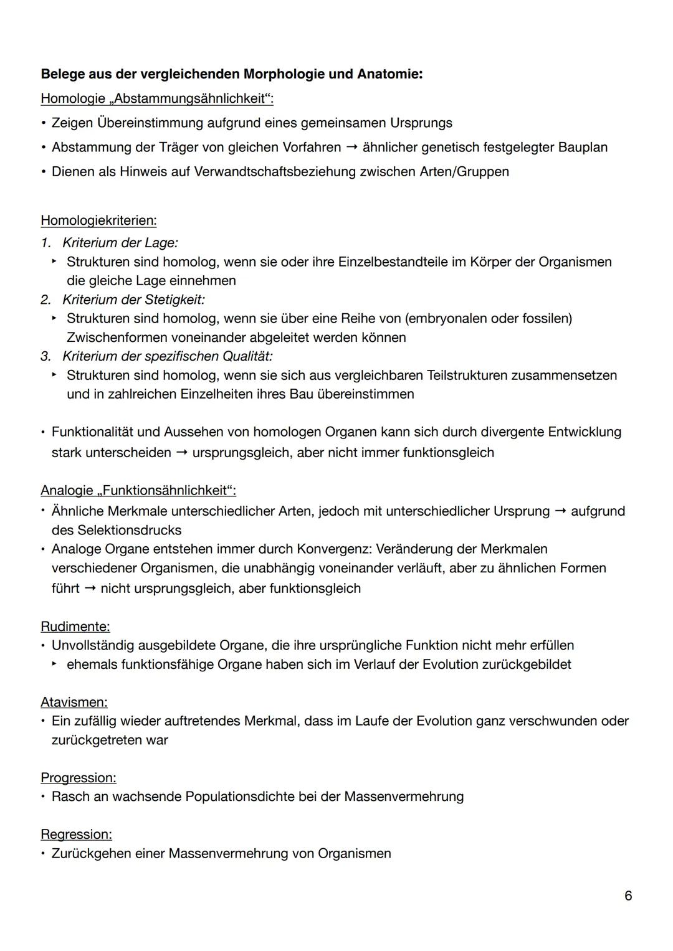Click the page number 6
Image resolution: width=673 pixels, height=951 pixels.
(x=628, y=896)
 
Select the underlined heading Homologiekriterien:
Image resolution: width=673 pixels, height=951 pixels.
(x=98, y=220)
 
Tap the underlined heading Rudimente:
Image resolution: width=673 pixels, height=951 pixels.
(x=75, y=627)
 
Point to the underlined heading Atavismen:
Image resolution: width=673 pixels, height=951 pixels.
(x=74, y=703)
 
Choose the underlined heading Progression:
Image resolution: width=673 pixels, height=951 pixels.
(x=78, y=778)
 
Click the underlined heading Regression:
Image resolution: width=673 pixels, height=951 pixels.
(x=76, y=835)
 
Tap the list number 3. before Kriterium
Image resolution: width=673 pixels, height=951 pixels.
(x=46, y=356)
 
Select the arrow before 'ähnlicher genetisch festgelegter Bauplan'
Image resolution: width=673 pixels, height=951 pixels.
(x=351, y=148)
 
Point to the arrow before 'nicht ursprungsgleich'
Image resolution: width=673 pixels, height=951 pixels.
(x=90, y=589)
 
